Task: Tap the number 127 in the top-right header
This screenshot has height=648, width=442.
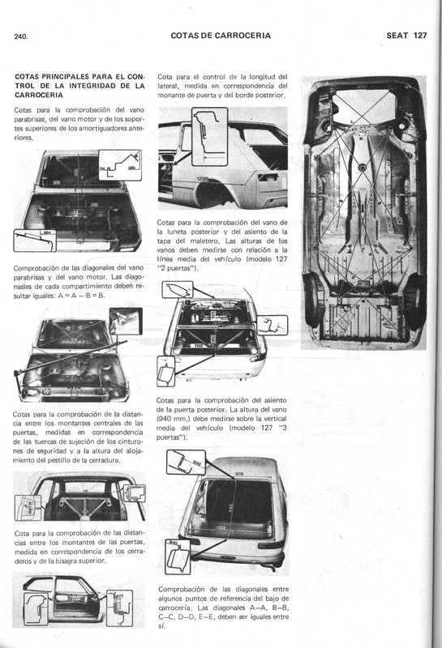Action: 418,36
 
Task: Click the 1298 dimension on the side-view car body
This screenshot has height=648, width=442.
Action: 203,177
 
